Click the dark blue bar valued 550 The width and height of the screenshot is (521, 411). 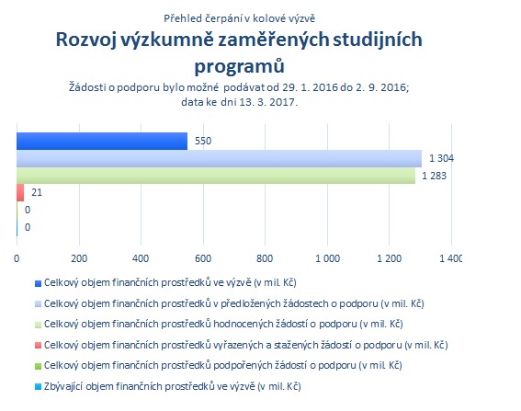tap(102, 141)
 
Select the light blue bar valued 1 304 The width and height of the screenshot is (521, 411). tap(219, 158)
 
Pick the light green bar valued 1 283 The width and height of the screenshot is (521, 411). tap(216, 176)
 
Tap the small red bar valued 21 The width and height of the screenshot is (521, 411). tap(20, 192)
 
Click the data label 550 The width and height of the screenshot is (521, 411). tap(203, 141)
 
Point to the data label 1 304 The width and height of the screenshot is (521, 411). tap(441, 158)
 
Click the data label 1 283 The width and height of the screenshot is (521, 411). tap(434, 176)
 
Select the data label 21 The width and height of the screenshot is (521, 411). tap(37, 192)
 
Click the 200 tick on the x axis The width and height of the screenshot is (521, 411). tap(79, 258)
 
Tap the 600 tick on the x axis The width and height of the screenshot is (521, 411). tap(203, 258)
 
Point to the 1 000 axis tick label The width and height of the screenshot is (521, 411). tap(328, 258)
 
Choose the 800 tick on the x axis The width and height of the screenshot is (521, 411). tap(265, 258)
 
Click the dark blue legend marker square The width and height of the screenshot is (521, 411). tap(39, 283)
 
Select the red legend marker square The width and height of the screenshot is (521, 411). tap(39, 346)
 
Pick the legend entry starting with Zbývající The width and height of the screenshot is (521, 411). tap(173, 386)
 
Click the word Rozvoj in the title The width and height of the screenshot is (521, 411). tap(86, 40)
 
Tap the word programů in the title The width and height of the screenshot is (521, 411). tap(239, 66)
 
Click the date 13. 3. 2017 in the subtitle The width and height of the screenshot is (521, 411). tap(266, 102)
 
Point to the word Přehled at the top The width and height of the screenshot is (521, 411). tap(183, 18)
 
